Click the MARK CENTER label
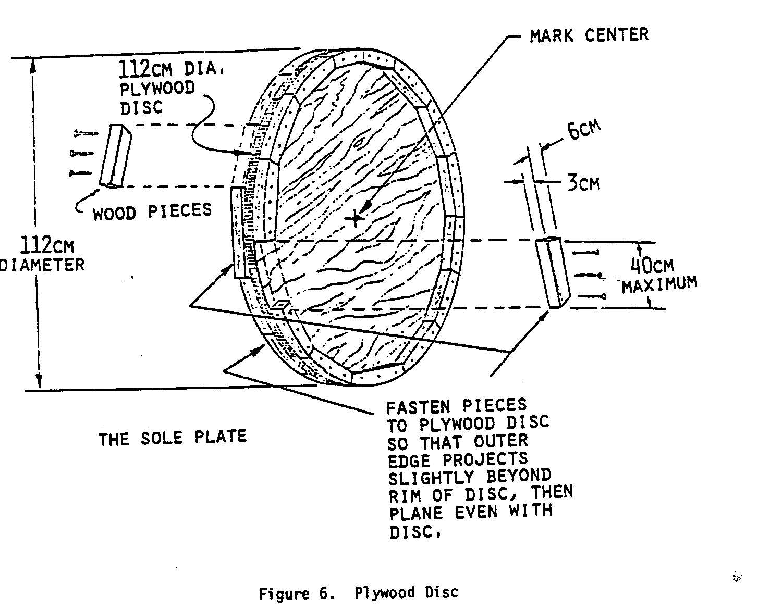(x=589, y=35)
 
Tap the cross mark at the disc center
(x=357, y=218)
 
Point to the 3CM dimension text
(x=583, y=183)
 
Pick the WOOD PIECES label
(x=152, y=211)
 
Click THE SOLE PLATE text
(x=173, y=438)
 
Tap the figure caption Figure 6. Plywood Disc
(x=359, y=593)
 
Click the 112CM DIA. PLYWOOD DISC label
(x=162, y=88)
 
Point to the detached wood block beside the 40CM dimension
(x=553, y=272)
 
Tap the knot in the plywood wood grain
(x=359, y=142)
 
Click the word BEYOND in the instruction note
(x=519, y=476)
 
